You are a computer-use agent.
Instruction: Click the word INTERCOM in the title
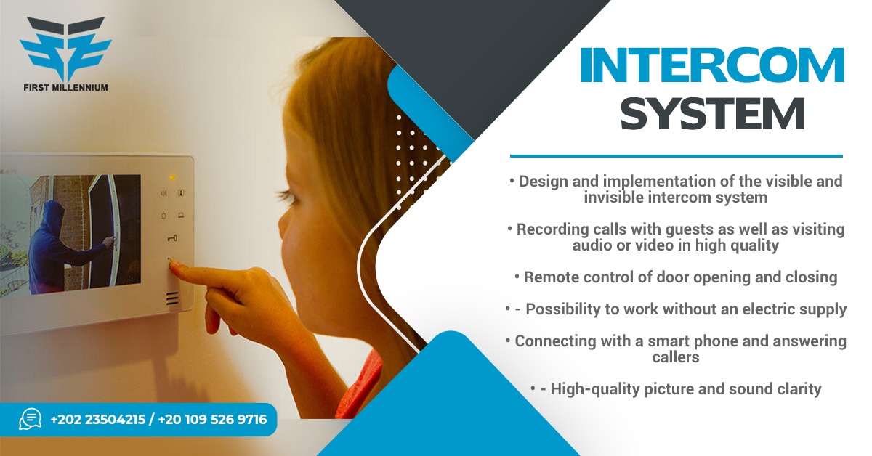(x=712, y=65)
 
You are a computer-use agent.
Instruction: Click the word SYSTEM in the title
(x=712, y=113)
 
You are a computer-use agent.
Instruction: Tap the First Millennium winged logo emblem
(x=66, y=49)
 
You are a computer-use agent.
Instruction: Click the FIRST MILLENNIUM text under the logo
(x=66, y=88)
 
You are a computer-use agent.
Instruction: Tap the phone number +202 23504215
(x=97, y=420)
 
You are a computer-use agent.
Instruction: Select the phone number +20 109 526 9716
(x=212, y=420)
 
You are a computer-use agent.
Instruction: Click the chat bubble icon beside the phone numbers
(x=31, y=419)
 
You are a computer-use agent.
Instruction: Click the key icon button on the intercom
(x=172, y=237)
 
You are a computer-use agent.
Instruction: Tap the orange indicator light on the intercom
(x=172, y=178)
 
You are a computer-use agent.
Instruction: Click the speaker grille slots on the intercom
(x=173, y=298)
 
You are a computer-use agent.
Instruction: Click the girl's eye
(x=288, y=193)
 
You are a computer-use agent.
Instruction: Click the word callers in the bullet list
(x=675, y=357)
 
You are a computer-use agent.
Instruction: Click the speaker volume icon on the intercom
(x=163, y=193)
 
